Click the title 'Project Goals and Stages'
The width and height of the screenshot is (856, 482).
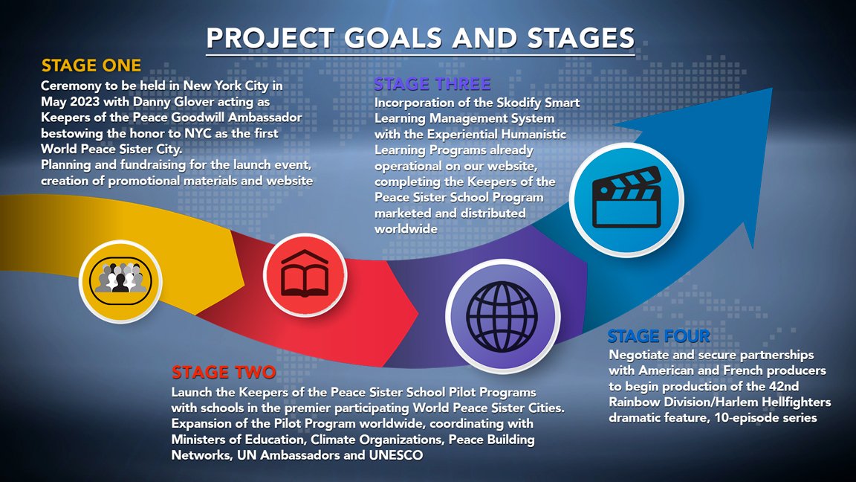click(x=421, y=38)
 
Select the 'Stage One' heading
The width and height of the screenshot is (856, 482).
click(x=91, y=65)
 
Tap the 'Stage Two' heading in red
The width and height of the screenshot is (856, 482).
click(x=224, y=373)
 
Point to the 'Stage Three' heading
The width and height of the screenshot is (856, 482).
click(x=432, y=83)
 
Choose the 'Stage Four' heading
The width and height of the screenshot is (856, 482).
click(x=659, y=335)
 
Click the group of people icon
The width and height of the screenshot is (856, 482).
click(x=120, y=281)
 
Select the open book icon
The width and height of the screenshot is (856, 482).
click(x=305, y=274)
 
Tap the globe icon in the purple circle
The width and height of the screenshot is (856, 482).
click(x=502, y=316)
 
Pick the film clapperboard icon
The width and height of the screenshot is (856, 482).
click(x=626, y=197)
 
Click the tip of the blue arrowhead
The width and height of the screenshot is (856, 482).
click(x=772, y=89)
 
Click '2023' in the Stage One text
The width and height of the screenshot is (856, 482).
click(x=85, y=102)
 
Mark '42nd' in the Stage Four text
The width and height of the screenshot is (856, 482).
click(x=784, y=386)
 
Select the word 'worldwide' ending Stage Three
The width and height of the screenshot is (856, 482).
click(x=406, y=229)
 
